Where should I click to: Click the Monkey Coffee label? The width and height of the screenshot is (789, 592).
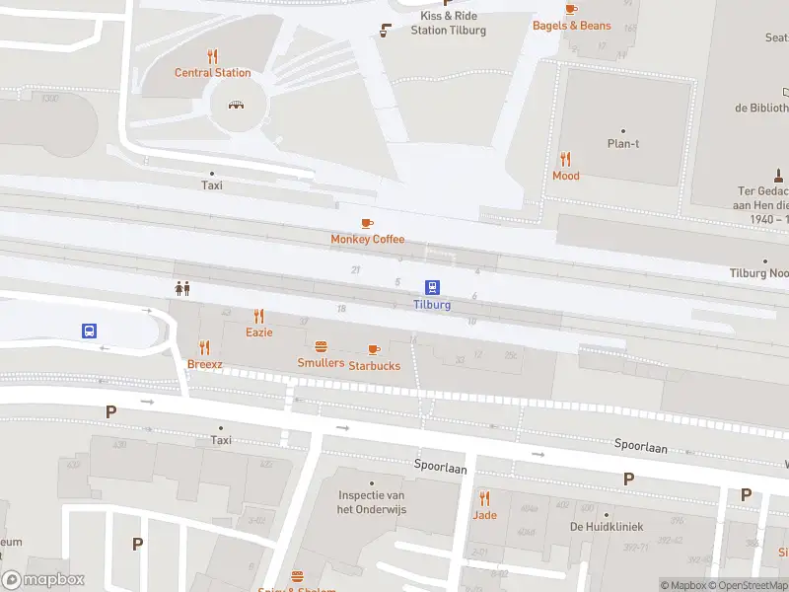(367, 239)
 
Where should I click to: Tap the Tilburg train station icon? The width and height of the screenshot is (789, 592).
(432, 287)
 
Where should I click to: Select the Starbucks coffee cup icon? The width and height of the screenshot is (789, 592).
(373, 349)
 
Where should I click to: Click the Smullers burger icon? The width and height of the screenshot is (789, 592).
(321, 346)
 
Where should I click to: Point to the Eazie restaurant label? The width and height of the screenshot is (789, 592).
(259, 333)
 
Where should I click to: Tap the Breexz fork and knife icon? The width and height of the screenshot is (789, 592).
(205, 347)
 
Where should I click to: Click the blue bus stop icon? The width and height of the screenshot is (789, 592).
(89, 332)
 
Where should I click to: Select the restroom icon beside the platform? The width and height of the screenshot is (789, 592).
(181, 288)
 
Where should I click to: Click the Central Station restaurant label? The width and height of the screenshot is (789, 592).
(213, 72)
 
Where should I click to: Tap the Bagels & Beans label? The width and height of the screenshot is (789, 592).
(572, 26)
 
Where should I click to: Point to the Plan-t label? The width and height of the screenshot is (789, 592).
(623, 143)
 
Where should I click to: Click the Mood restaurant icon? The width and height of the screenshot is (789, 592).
(565, 159)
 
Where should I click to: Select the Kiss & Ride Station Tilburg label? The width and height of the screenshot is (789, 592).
(448, 23)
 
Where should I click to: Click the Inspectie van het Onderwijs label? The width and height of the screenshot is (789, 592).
(372, 502)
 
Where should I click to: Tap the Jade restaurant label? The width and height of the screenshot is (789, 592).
(484, 515)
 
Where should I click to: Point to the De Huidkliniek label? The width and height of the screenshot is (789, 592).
(606, 526)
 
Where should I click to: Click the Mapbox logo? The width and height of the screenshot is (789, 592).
(43, 580)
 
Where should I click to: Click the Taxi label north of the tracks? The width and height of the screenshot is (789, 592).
(212, 185)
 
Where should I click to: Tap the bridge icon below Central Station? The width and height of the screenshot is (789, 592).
(236, 104)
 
